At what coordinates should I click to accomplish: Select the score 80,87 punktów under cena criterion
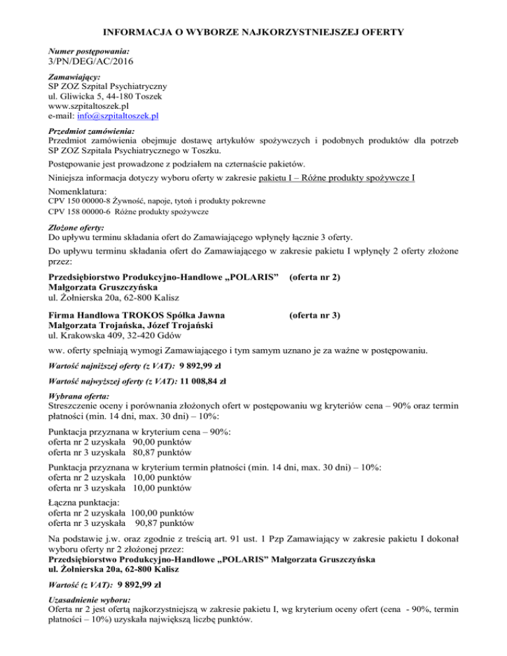click(162, 453)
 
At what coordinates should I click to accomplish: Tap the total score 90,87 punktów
click(164, 522)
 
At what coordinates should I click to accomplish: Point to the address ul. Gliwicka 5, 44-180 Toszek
click(105, 96)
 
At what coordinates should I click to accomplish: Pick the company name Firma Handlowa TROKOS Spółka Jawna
click(136, 315)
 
